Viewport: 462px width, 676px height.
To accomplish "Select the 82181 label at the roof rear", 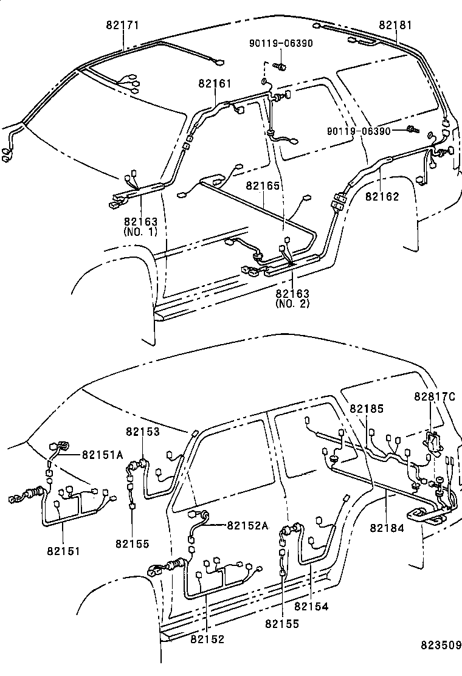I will click(x=395, y=26).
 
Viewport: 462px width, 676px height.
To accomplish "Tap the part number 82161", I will click(x=215, y=83).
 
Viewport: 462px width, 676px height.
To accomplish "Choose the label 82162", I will click(x=382, y=196).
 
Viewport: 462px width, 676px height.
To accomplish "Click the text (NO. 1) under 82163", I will click(x=140, y=232).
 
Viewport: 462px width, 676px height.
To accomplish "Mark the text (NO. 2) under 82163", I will click(x=292, y=303).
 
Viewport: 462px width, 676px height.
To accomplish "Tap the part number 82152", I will click(x=207, y=639).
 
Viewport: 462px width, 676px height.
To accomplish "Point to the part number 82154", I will click(x=311, y=606).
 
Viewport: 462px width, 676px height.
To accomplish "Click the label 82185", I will click(x=367, y=409).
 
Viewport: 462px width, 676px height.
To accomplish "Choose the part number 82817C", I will click(x=435, y=396).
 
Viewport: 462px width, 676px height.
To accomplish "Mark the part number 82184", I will click(x=387, y=528).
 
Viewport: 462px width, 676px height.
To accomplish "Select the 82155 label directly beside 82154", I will click(x=281, y=624).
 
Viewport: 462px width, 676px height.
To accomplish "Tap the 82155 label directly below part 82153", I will click(x=132, y=543).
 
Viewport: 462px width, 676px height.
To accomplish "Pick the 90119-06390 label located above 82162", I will click(x=362, y=131).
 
